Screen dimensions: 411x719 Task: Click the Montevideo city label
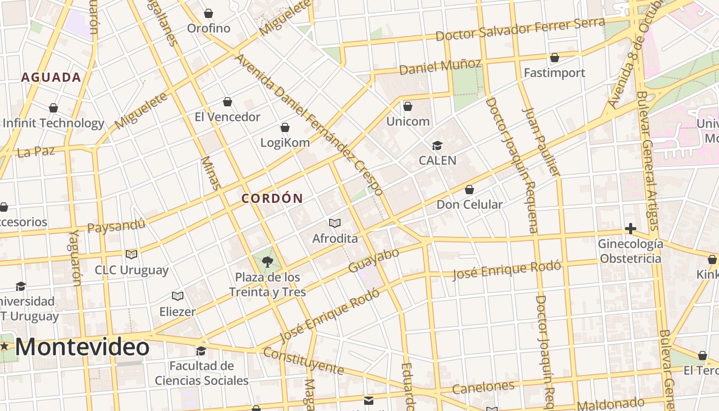coord(82,347)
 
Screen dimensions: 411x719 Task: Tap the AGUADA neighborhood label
coord(51,78)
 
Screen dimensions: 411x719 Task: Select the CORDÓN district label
coord(272,198)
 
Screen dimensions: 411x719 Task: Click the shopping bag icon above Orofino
coord(209,13)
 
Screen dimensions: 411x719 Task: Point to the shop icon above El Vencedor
coord(228,102)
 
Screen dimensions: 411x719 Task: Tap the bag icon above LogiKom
coord(285,127)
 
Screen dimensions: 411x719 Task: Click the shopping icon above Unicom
coord(408,106)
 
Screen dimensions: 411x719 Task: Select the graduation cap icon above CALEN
coord(437,145)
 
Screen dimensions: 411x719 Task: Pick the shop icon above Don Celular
coord(469,190)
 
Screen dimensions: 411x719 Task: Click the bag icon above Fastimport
coord(555,58)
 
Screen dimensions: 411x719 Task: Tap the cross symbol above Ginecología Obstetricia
coord(631,229)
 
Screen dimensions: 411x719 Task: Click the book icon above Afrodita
coord(335,223)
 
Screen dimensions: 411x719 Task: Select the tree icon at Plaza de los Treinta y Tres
coord(267,262)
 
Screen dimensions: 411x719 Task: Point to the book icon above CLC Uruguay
coord(131,254)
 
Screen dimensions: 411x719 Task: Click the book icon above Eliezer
coord(178,296)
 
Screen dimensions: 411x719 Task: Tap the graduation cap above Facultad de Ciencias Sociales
coord(201,351)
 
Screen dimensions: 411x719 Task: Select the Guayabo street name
coord(373,260)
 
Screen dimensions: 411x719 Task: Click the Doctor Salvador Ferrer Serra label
coord(520,29)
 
